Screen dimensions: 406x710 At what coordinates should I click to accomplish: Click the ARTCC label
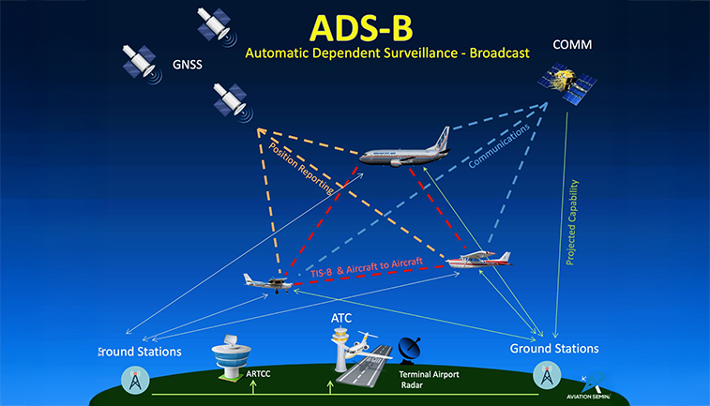click(258, 372)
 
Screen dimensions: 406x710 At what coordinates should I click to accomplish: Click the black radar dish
click(409, 353)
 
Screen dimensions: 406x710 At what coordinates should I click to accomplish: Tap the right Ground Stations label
click(553, 349)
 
